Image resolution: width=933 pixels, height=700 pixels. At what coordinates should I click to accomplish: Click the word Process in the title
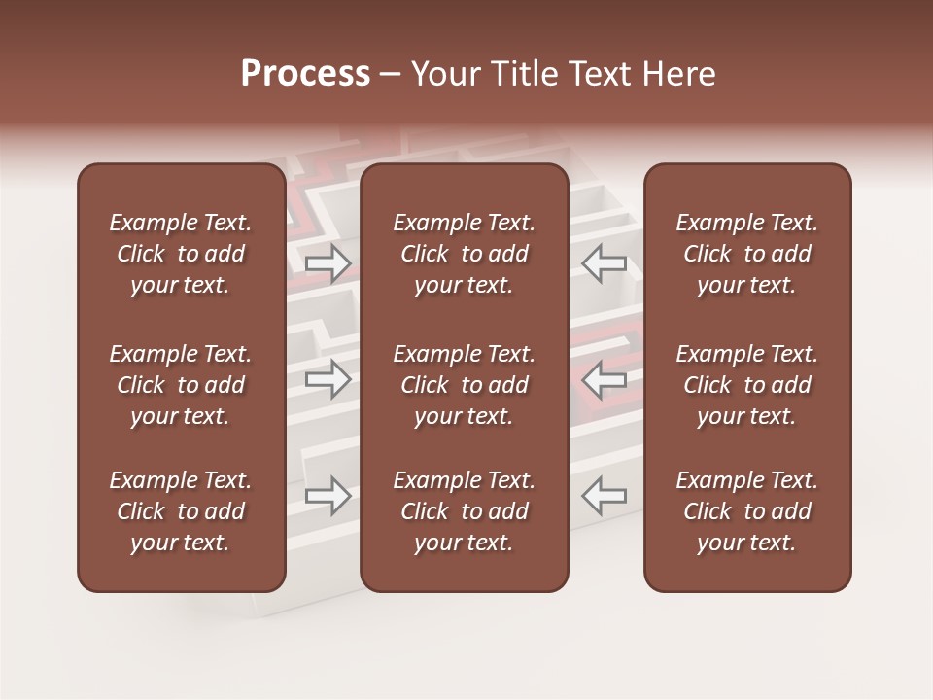pos(305,74)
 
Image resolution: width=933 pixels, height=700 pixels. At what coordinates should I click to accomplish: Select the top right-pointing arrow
pos(328,263)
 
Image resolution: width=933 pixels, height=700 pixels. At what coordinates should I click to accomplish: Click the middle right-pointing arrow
pos(328,379)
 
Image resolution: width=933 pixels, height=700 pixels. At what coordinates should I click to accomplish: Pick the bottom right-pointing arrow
pos(328,496)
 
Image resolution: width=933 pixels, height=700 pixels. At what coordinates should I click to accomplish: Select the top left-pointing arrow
pos(604,263)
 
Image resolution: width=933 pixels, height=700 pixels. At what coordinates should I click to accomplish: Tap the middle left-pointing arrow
pos(604,379)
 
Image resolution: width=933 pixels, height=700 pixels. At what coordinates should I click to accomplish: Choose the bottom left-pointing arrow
pos(604,496)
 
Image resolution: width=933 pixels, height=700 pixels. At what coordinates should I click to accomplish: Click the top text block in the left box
pos(181,254)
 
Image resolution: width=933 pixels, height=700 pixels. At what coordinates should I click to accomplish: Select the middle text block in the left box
pos(181,385)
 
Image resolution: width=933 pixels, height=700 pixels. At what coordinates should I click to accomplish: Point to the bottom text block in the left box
pos(181,511)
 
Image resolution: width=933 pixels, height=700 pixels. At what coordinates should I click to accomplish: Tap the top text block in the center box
pos(465,254)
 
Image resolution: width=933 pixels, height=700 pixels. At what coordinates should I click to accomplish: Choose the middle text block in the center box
pos(465,385)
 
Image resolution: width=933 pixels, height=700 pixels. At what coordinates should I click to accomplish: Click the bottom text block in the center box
pos(465,511)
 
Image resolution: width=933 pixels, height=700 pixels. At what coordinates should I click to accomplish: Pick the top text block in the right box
pos(747,254)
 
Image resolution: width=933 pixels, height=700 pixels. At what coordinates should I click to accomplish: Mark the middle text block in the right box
pos(747,385)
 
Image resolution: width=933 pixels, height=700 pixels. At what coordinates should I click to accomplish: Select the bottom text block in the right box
pos(747,511)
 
